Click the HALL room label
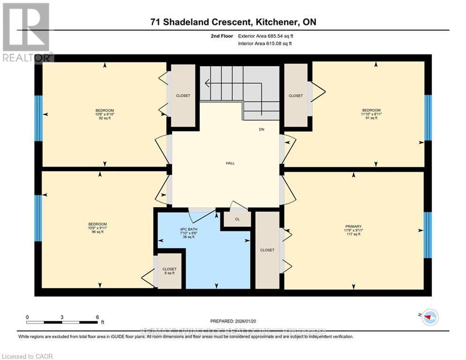[230, 163]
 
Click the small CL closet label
[237, 219]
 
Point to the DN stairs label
[262, 129]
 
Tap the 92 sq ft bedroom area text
[104, 118]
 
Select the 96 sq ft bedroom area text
[97, 232]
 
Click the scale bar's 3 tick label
[62, 317]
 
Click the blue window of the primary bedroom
[428, 235]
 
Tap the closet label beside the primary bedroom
[267, 250]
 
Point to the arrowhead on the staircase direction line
[207, 84]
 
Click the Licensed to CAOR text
[28, 356]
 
